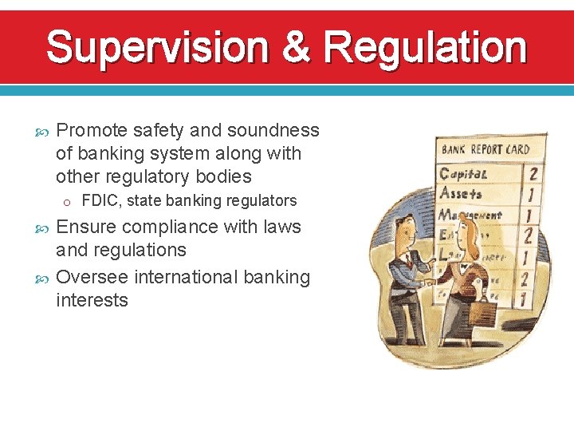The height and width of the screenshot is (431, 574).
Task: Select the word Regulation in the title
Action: [x=424, y=48]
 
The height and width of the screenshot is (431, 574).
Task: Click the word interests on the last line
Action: [x=92, y=300]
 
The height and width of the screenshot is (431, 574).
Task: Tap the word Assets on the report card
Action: [x=461, y=193]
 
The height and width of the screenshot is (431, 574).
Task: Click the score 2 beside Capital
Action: [x=533, y=173]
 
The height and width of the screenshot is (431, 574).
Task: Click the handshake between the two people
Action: [x=431, y=283]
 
